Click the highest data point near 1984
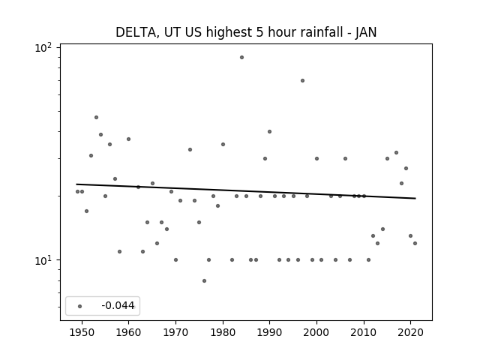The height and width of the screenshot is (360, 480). pos(241,57)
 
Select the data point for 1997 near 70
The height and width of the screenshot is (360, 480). pos(302,80)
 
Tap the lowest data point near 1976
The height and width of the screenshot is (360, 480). pos(204,280)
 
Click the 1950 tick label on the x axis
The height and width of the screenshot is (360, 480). pos(82,332)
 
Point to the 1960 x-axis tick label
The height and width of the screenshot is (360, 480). pos(128,332)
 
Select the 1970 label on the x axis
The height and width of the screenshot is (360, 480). pos(175,332)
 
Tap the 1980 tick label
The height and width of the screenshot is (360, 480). pos(223,332)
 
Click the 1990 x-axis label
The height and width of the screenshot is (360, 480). pos(270,332)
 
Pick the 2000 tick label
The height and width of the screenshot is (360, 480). pos(316,332)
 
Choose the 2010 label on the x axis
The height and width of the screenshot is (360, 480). pos(364,332)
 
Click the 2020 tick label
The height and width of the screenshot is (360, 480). pos(411,332)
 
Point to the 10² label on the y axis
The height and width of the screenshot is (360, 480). pos(43,47)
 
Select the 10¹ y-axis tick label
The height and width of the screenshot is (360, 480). pos(43,260)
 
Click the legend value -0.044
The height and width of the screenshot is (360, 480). pos(118,305)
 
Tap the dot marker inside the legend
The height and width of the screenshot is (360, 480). pos(80,306)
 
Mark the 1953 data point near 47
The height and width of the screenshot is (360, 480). pos(96,117)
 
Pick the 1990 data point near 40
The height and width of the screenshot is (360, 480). pos(269,132)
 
